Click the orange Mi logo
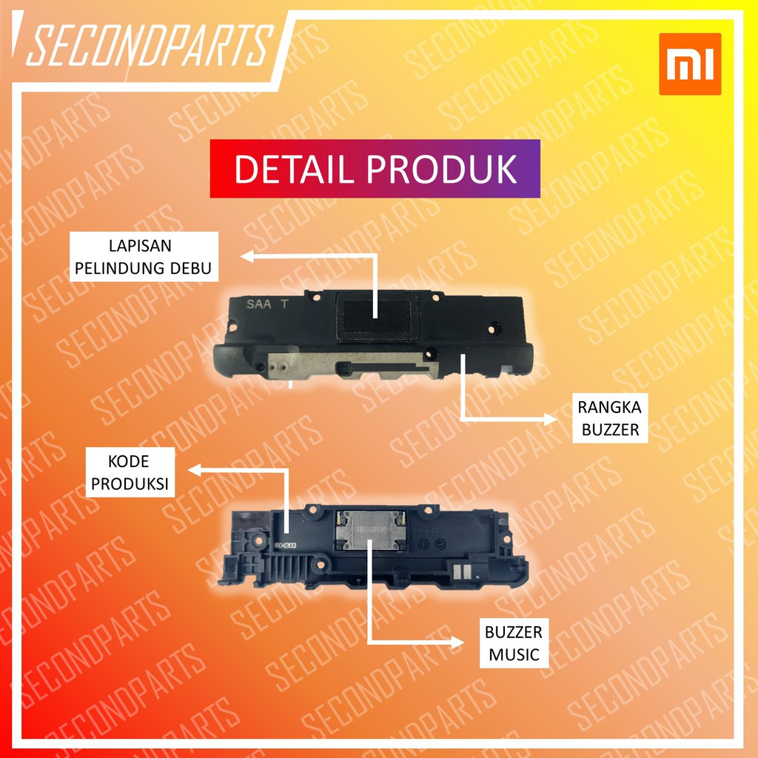click(690, 64)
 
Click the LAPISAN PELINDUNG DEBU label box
click(145, 256)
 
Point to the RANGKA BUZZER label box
click(610, 418)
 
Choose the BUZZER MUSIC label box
click(513, 643)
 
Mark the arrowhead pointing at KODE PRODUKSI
click(194, 469)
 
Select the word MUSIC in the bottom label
click(513, 654)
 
